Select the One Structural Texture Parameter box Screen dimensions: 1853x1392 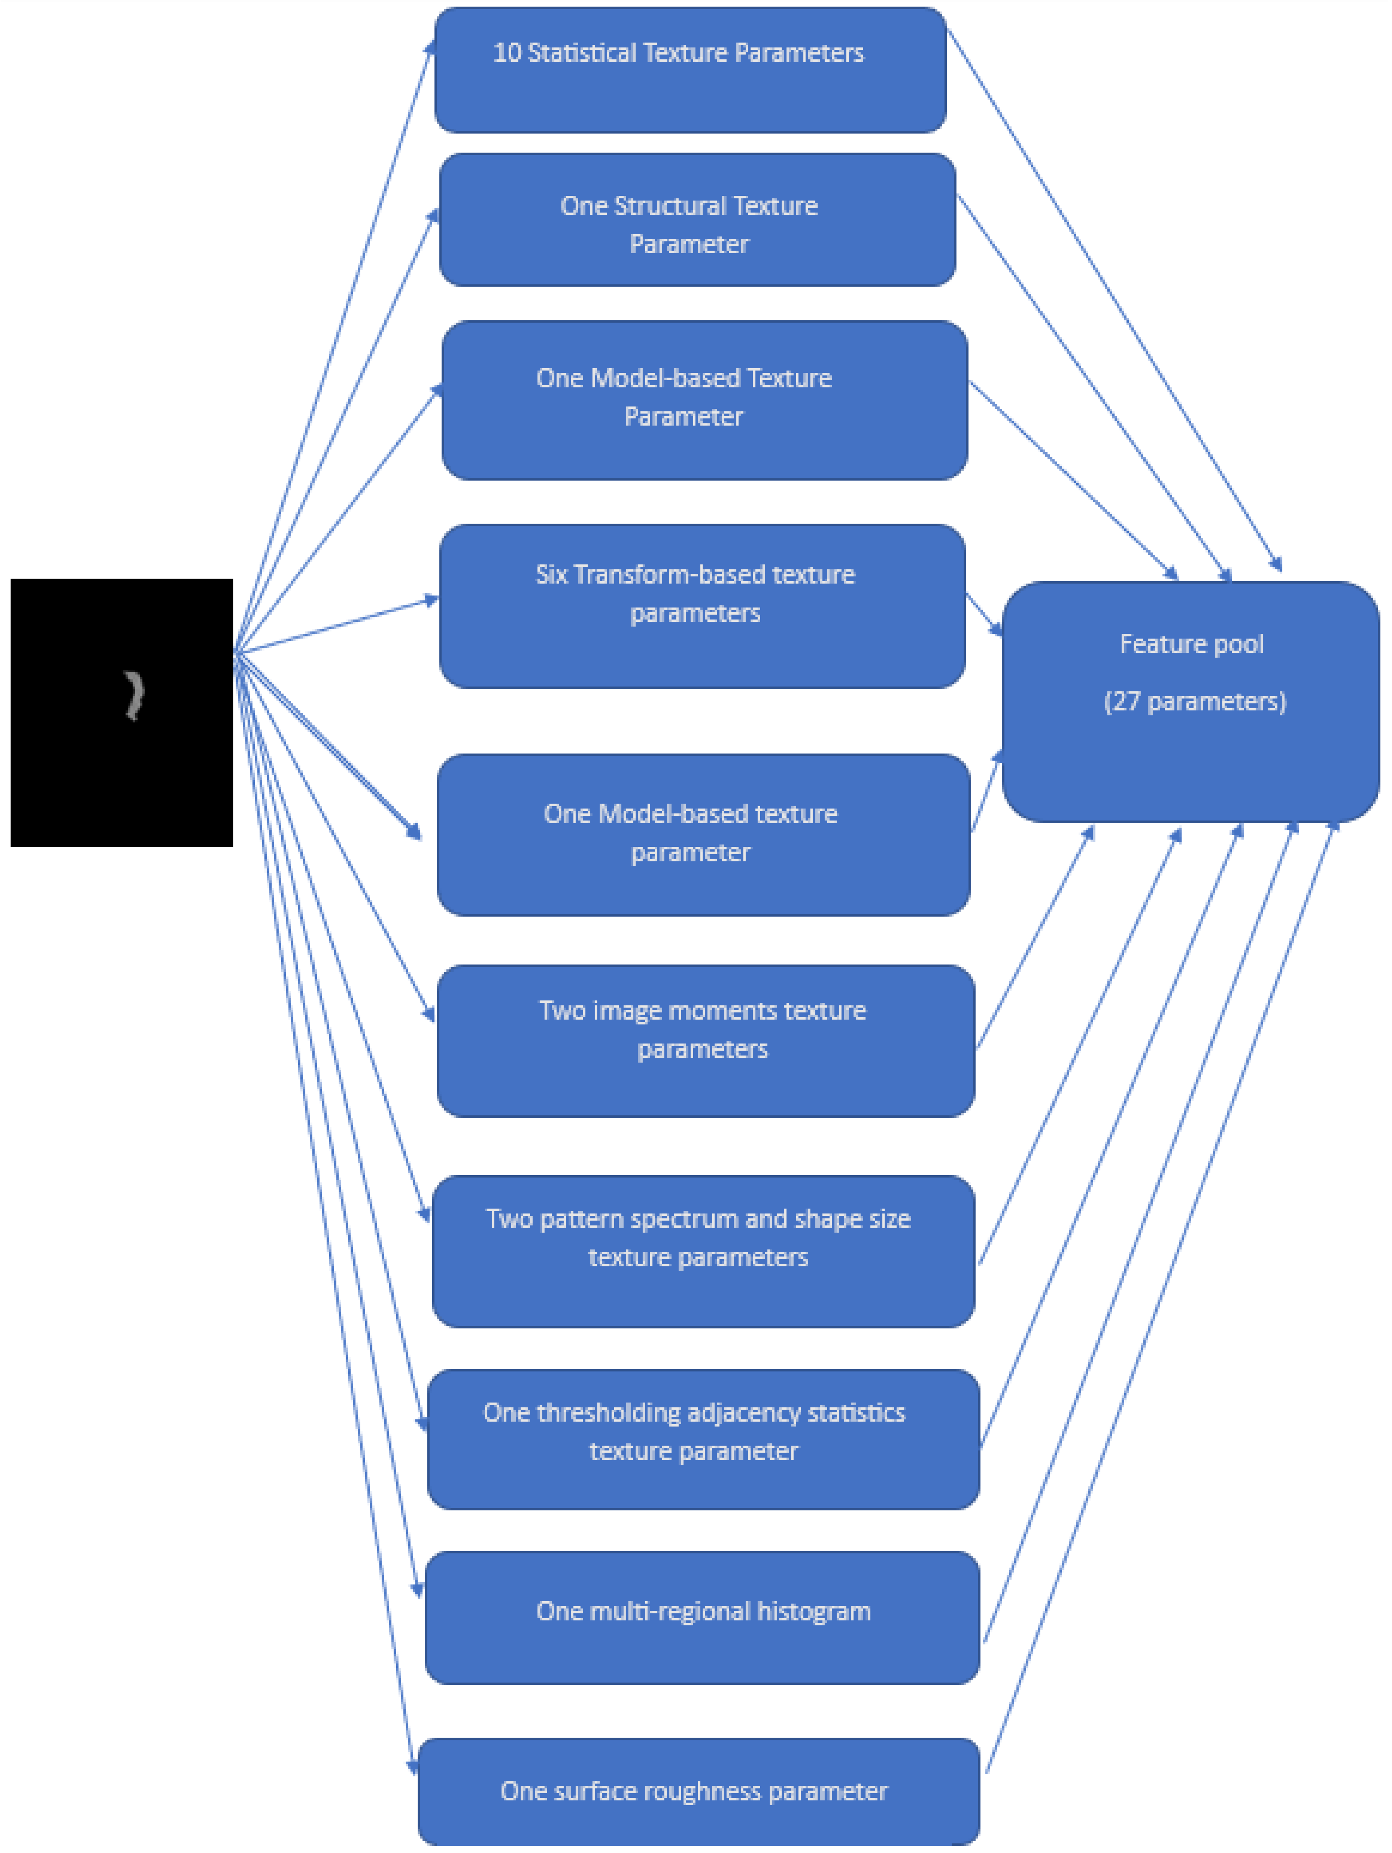[697, 220]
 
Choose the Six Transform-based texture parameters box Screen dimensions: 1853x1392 [702, 606]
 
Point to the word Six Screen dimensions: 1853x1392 [551, 575]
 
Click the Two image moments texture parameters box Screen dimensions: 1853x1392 [705, 1040]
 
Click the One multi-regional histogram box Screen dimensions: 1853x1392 [702, 1617]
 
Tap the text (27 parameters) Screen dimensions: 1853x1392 [1194, 701]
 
